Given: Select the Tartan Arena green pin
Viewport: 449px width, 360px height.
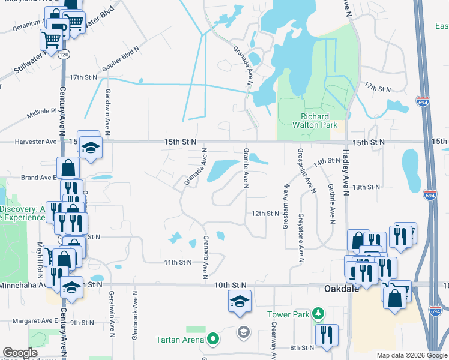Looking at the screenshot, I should pyautogui.click(x=212, y=340).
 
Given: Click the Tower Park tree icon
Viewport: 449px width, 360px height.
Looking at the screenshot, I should pyautogui.click(x=318, y=313).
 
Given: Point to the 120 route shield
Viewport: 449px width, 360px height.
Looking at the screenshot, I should pyautogui.click(x=63, y=55).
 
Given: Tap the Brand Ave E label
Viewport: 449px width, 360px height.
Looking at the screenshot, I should pyautogui.click(x=38, y=178).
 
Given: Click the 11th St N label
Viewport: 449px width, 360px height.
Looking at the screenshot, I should pyautogui.click(x=177, y=262).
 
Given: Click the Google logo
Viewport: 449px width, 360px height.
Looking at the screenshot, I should pyautogui.click(x=20, y=353).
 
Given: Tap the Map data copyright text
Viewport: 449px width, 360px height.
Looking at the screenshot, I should pyautogui.click(x=411, y=355).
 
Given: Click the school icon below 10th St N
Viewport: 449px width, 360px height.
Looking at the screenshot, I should pyautogui.click(x=240, y=301).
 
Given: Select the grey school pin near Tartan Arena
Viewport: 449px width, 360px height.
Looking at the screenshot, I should pyautogui.click(x=243, y=331).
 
